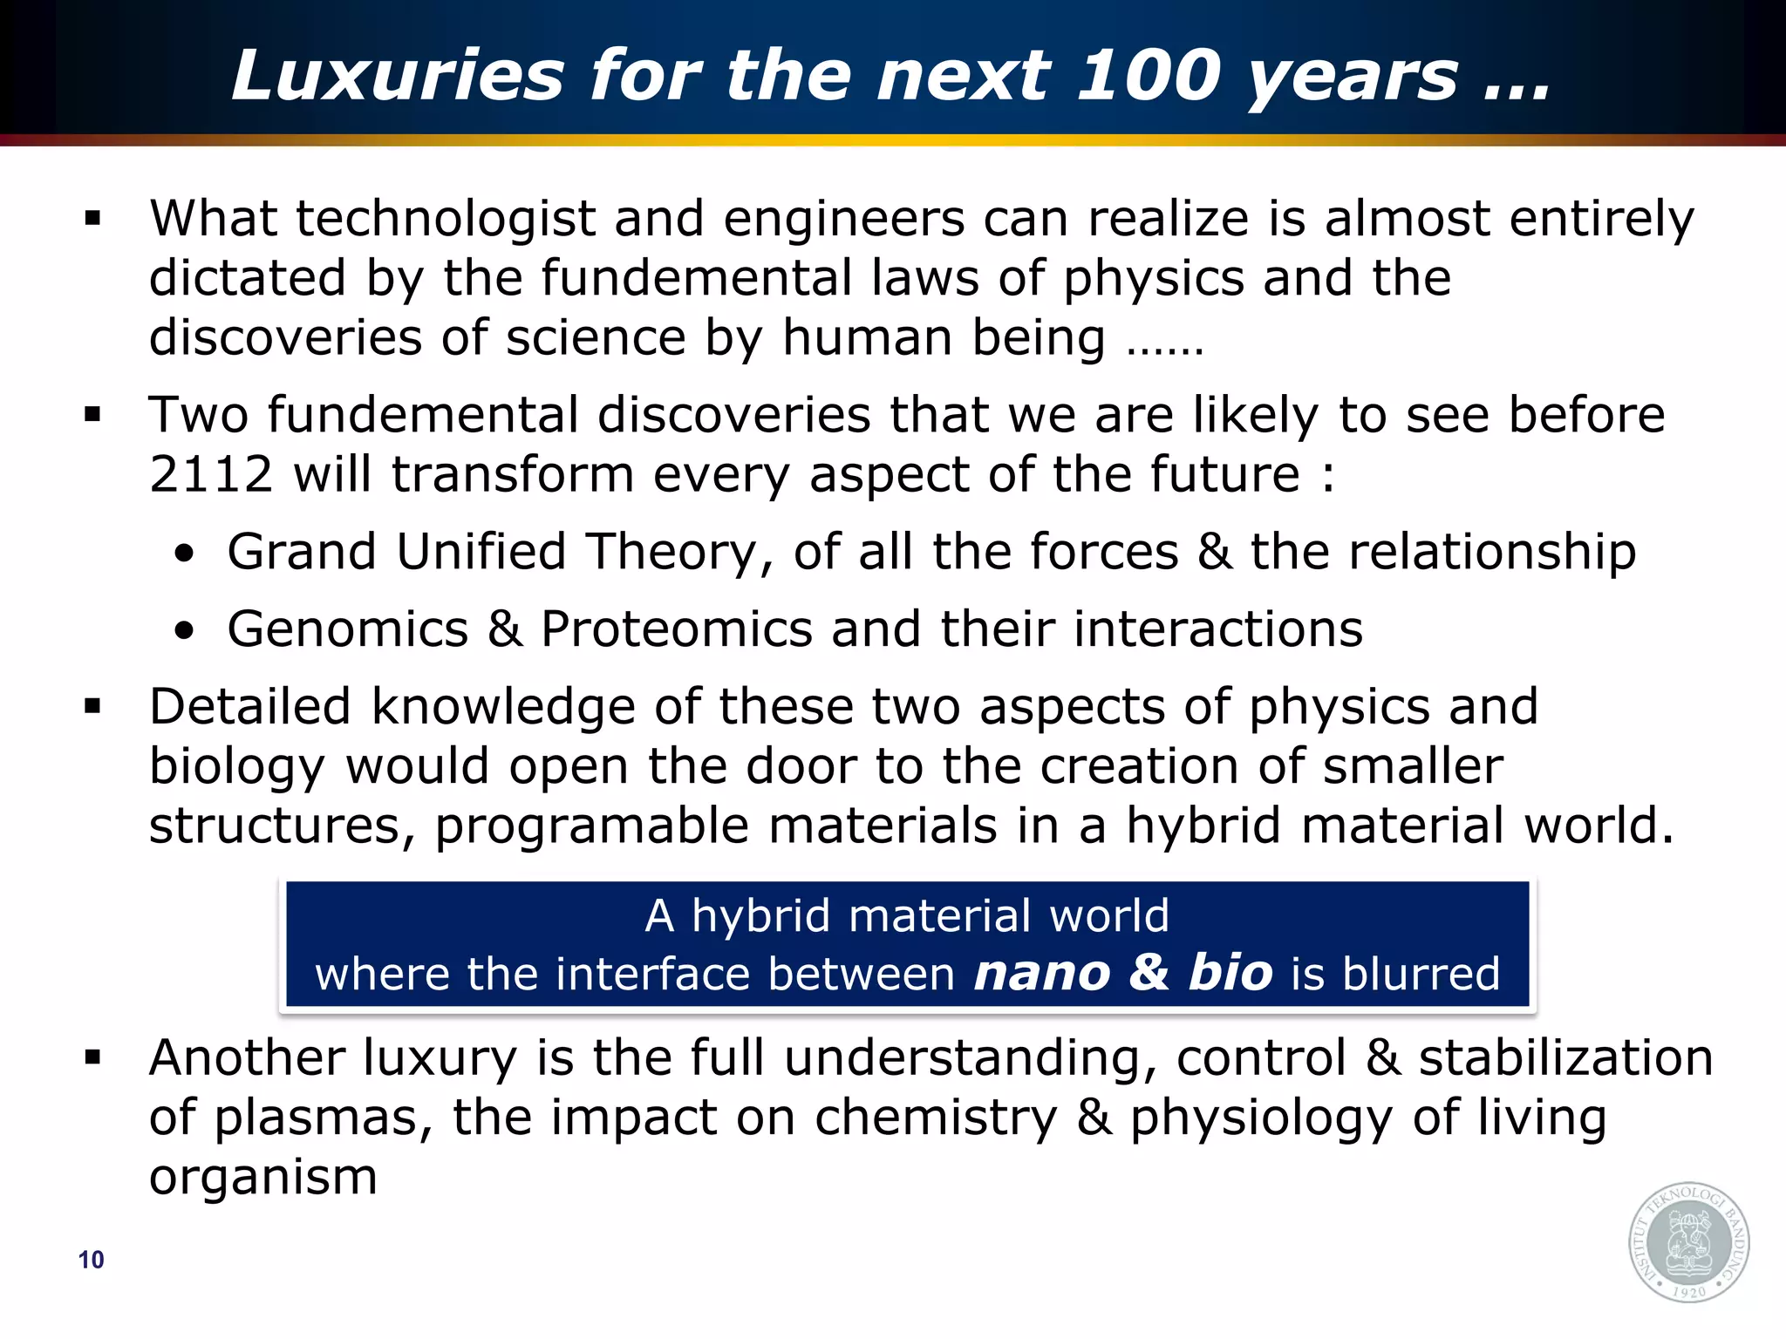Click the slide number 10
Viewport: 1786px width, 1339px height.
coord(91,1260)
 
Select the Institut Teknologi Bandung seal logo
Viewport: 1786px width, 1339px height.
coord(1689,1242)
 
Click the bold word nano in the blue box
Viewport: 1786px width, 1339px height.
coord(1042,973)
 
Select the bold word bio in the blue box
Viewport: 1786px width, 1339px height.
coord(1230,973)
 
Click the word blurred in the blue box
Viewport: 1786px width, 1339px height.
coord(1421,973)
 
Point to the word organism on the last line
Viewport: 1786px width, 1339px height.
coord(262,1177)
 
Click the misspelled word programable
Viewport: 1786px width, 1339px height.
coord(592,826)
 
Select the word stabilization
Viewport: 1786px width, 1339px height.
coord(1565,1058)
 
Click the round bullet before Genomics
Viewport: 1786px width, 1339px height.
coord(183,630)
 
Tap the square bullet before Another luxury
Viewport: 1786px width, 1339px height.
coord(93,1058)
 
